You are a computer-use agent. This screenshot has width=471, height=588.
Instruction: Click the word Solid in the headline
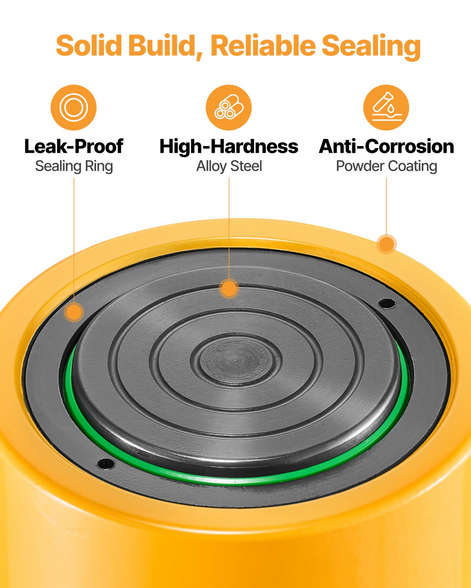point(89,45)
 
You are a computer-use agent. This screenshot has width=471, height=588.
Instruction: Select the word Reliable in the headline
point(263,45)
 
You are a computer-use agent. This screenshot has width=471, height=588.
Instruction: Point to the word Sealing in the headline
point(371,47)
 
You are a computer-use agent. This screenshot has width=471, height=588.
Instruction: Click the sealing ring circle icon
point(74,107)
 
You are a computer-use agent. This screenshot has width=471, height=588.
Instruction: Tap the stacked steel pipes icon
point(229,107)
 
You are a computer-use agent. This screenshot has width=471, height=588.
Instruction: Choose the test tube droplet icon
point(386,107)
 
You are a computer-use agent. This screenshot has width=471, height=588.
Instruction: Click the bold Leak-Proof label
point(74,146)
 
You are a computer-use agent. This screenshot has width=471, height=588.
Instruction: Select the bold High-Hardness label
point(229,147)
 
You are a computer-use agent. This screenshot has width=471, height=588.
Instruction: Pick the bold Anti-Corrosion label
point(386,146)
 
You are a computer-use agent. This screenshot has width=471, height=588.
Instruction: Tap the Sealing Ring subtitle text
point(74,166)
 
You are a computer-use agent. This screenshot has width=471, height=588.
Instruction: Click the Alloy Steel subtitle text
point(229,166)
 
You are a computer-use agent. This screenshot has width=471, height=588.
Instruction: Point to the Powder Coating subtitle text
point(386,166)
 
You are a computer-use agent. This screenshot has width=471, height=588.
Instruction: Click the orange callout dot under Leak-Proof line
point(74,312)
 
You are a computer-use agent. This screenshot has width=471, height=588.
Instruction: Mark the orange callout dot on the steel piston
point(229,288)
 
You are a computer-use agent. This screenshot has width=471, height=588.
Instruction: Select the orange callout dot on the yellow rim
point(386,244)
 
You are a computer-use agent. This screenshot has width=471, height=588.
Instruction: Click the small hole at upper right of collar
point(386,303)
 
